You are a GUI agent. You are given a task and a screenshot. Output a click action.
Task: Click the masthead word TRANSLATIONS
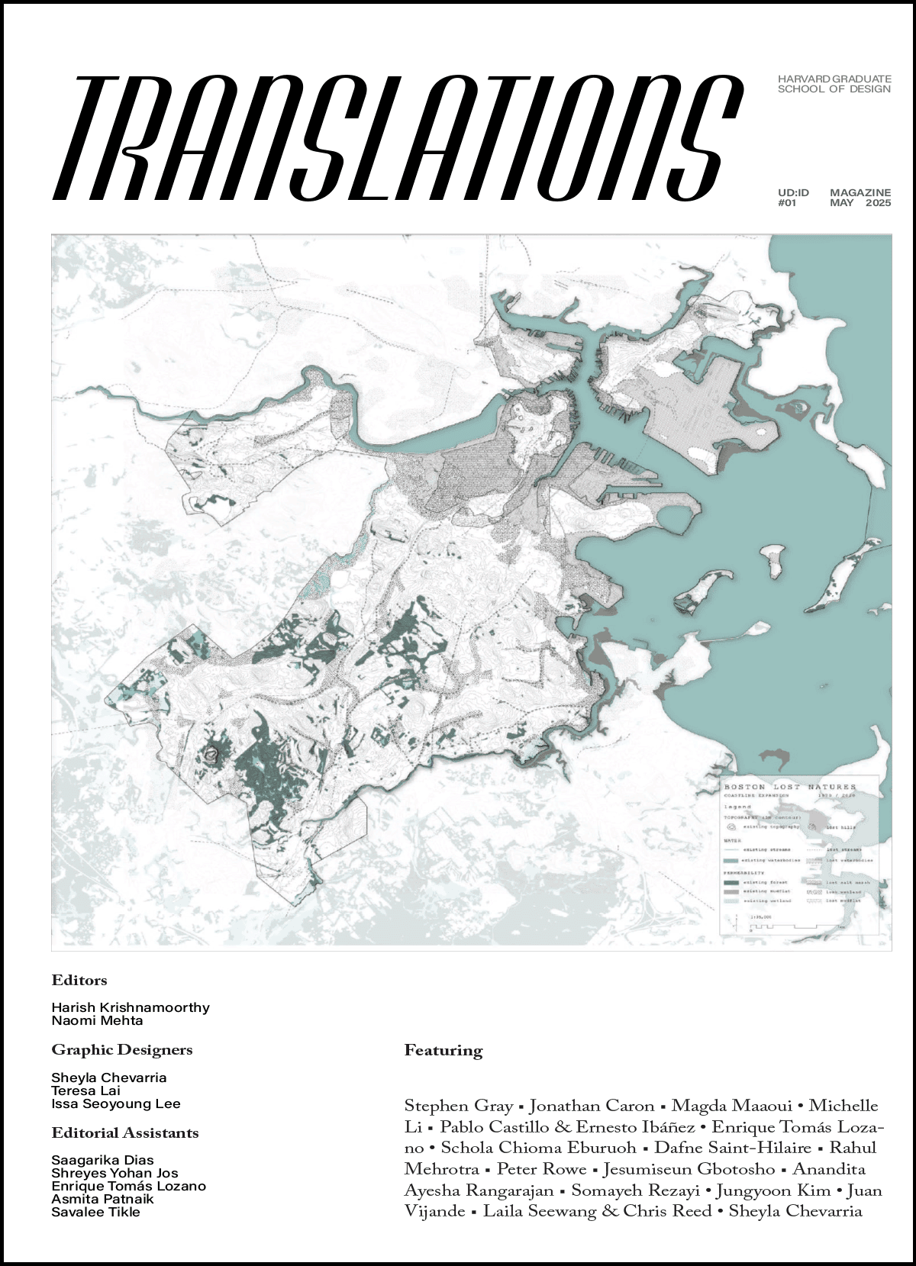pyautogui.click(x=397, y=137)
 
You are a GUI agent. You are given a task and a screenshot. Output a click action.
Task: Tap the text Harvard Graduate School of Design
pyautogui.click(x=834, y=84)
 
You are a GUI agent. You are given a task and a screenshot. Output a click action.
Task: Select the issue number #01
pyautogui.click(x=787, y=203)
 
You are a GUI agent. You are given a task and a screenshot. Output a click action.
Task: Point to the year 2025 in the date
pyautogui.click(x=878, y=203)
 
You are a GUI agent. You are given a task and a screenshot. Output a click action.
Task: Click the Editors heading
pyautogui.click(x=79, y=981)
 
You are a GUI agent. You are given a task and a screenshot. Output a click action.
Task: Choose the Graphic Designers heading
pyautogui.click(x=122, y=1050)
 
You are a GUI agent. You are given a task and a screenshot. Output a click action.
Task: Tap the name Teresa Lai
pyautogui.click(x=85, y=1091)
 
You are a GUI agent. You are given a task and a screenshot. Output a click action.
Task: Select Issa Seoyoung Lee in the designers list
pyautogui.click(x=116, y=1104)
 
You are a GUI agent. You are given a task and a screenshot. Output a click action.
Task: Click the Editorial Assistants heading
pyautogui.click(x=125, y=1133)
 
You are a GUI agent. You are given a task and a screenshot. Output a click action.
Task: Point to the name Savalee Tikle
pyautogui.click(x=95, y=1212)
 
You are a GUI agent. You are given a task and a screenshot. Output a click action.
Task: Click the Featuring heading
pyautogui.click(x=443, y=1051)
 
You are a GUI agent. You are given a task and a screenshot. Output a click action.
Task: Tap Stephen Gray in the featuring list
pyautogui.click(x=458, y=1106)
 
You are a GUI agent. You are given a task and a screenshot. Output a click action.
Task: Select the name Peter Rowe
pyautogui.click(x=541, y=1169)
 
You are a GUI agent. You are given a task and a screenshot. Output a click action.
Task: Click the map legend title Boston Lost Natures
pyautogui.click(x=790, y=787)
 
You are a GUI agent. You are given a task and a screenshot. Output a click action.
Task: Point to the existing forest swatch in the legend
pyautogui.click(x=731, y=882)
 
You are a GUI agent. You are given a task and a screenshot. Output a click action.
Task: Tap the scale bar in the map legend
pyautogui.click(x=794, y=926)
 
